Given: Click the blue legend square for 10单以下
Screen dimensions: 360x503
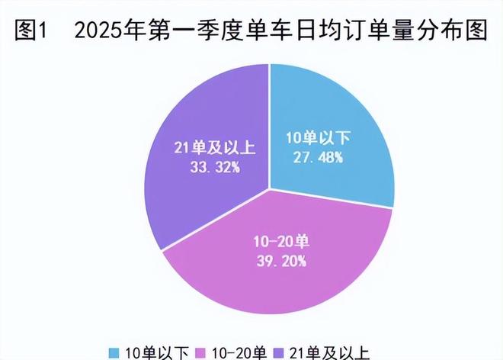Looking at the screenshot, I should click(x=115, y=352).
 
